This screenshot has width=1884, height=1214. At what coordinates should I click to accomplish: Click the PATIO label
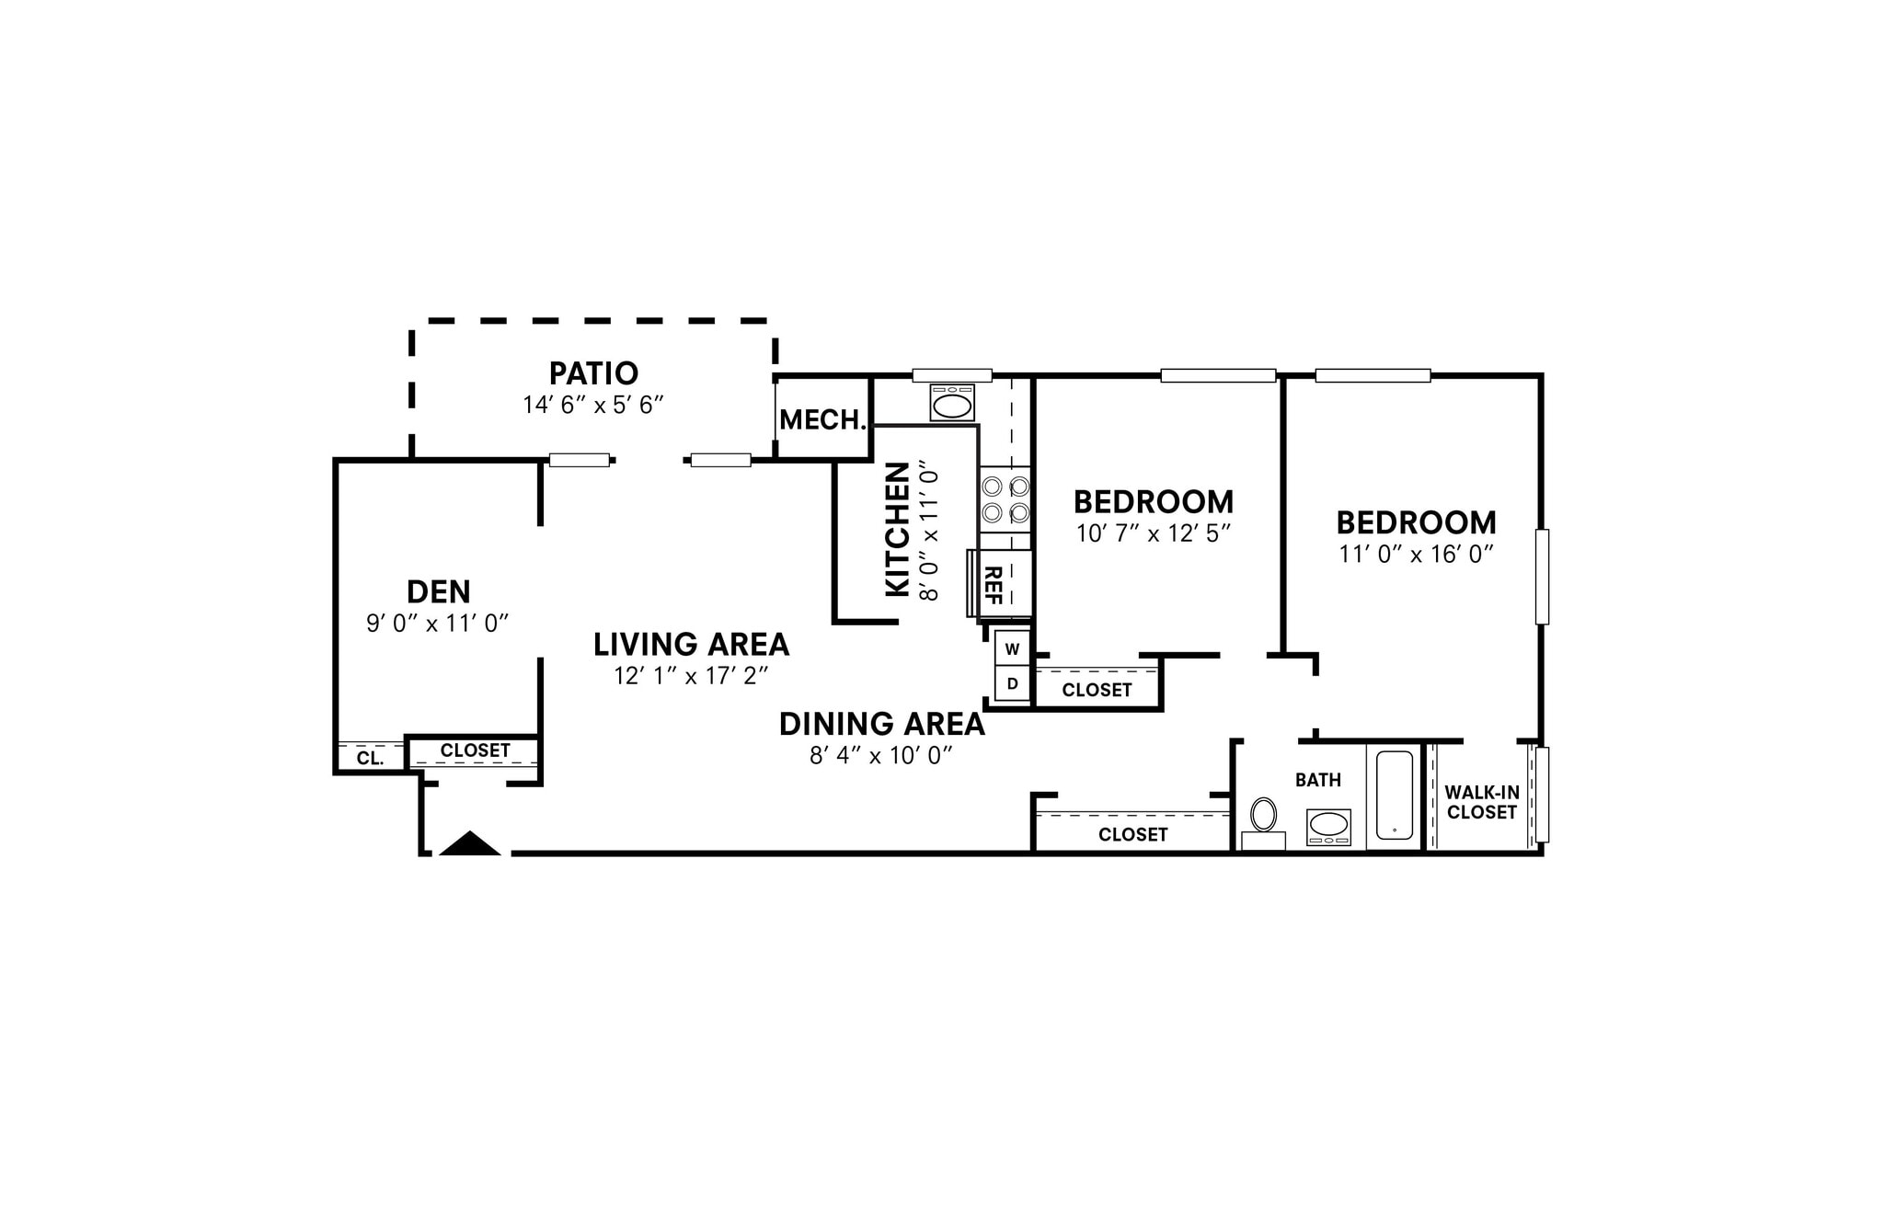pos(593,373)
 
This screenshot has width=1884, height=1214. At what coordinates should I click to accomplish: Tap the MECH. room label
pos(823,420)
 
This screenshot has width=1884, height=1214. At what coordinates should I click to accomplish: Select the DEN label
pos(439,590)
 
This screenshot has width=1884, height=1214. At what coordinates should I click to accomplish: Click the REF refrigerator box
pos(1005,583)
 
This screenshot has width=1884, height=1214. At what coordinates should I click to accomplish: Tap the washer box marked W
pos(1012,648)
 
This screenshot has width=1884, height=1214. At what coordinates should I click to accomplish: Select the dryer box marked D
pos(1012,683)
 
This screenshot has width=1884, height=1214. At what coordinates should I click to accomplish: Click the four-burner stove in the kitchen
pos(1005,499)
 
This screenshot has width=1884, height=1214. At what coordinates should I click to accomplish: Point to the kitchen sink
pos(952,403)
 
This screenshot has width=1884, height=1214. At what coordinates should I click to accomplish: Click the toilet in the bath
pos(1264,822)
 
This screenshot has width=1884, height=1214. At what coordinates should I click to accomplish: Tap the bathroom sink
pos(1328,827)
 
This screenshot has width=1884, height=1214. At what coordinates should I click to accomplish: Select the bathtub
pos(1395,796)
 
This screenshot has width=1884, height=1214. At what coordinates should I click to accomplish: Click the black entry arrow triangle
pos(470,843)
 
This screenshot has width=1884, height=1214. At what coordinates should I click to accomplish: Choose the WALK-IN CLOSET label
pos(1482,803)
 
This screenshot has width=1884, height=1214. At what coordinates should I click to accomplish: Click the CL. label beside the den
pos(370,759)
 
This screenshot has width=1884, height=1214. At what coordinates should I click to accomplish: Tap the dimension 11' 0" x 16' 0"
pos(1417,555)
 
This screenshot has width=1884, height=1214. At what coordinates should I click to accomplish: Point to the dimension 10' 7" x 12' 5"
pos(1154,533)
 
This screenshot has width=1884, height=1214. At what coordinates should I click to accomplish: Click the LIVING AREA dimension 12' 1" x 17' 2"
pos(692,676)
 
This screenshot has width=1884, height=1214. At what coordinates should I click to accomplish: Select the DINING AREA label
pos(882,725)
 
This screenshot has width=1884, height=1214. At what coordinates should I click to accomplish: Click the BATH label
pos(1318,780)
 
